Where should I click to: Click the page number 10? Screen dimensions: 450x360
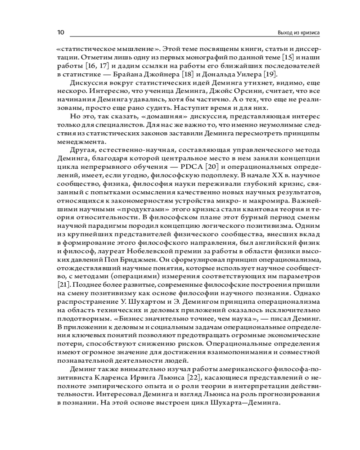tap(61, 32)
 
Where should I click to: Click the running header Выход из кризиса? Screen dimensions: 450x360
tap(299, 33)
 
